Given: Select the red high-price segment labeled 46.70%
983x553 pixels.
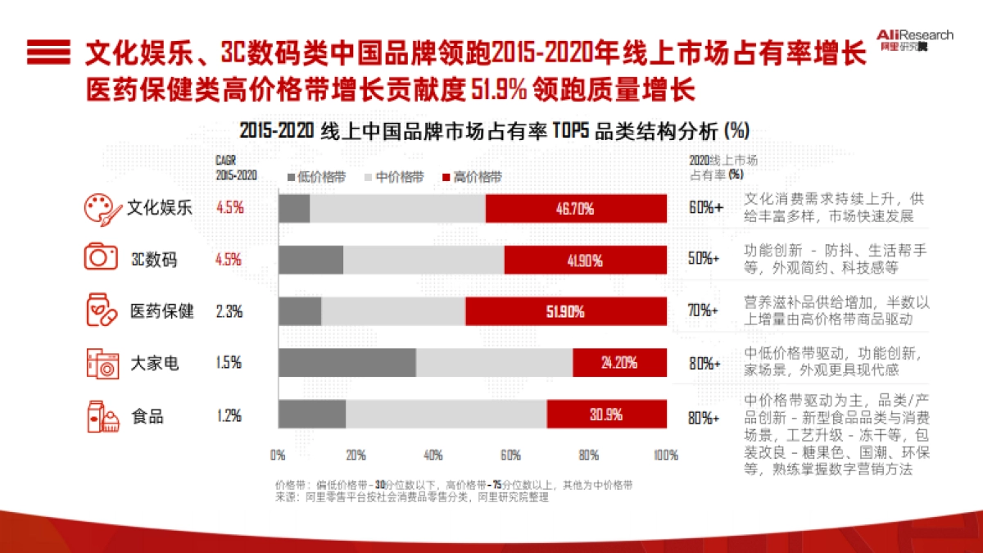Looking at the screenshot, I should point(576,208).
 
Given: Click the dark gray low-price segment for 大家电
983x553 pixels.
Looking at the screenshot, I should point(347,363).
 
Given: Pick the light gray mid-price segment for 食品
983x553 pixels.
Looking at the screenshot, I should point(446,415).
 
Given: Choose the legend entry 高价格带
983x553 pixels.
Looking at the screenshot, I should point(472,177).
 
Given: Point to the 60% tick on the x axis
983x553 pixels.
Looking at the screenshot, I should point(510,455).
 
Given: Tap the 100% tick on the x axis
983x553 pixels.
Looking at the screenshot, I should point(664,455).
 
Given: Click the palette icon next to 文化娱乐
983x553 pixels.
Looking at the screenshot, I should point(102,208).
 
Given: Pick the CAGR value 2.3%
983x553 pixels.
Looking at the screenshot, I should point(229,312).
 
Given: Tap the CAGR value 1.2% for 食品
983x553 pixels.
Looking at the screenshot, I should point(229,415).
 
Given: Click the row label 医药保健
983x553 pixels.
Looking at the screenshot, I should point(162,312).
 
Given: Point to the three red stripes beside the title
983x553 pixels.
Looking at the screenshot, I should point(48,52).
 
